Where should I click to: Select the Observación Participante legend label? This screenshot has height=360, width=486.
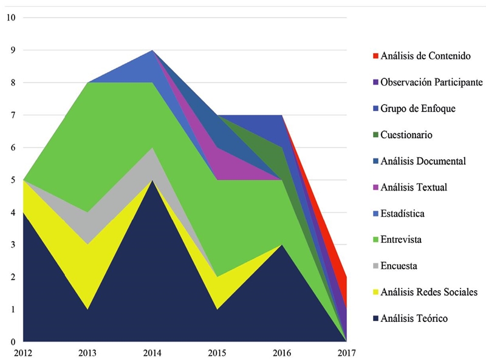coord(432,82)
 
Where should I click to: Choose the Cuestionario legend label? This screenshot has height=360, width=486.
coord(406,135)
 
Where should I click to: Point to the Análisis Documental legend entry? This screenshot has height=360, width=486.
coord(423,161)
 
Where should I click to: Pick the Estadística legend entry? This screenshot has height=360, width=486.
coord(403,214)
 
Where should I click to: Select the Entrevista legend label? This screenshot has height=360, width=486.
coord(401,240)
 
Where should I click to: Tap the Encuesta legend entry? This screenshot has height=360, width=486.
coord(399,266)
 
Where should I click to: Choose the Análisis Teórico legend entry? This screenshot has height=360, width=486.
coord(414,319)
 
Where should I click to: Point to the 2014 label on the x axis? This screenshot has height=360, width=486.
coord(152,351)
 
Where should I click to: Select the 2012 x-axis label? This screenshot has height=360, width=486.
coord(23,351)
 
